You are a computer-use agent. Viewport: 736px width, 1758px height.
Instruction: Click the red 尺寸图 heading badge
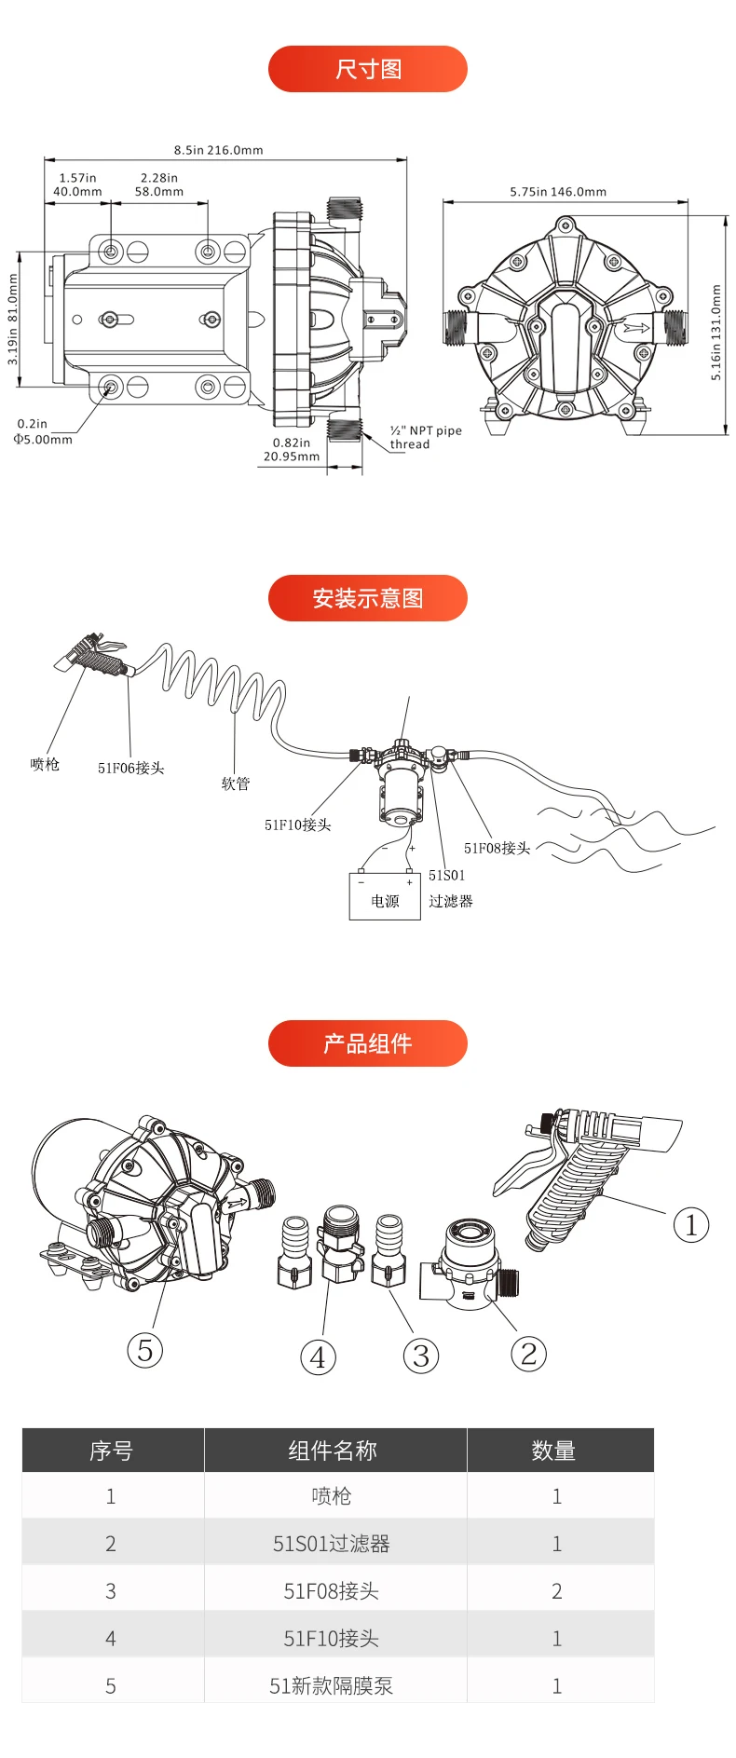pyautogui.click(x=367, y=69)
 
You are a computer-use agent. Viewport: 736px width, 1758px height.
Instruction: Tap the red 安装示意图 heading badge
pyautogui.click(x=367, y=598)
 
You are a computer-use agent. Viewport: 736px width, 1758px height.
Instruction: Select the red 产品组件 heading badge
pyautogui.click(x=367, y=1043)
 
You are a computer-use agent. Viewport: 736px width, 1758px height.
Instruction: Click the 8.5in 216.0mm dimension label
pyautogui.click(x=218, y=150)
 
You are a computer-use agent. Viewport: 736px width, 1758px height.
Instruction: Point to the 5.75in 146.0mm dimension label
pyautogui.click(x=558, y=192)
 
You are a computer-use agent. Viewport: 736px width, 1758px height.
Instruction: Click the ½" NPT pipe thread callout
pyautogui.click(x=425, y=438)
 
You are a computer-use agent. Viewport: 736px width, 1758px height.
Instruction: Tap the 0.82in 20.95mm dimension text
pyautogui.click(x=292, y=450)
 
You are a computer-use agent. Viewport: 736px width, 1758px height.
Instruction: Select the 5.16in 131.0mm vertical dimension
pyautogui.click(x=716, y=333)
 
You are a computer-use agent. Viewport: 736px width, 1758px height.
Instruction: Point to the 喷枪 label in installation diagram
pyautogui.click(x=45, y=765)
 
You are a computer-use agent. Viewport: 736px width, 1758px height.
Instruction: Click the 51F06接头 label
pyautogui.click(x=130, y=769)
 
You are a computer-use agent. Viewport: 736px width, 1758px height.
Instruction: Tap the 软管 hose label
pyautogui.click(x=236, y=784)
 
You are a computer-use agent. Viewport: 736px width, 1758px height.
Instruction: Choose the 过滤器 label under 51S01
pyautogui.click(x=451, y=902)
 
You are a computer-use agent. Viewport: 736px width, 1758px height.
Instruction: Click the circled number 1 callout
pyautogui.click(x=690, y=1225)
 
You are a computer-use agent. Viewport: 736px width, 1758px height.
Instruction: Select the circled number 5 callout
pyautogui.click(x=144, y=1350)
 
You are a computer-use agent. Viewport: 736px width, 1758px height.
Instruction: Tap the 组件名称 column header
pyautogui.click(x=333, y=1451)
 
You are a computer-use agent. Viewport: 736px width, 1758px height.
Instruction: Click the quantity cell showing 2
pyautogui.click(x=557, y=1591)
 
